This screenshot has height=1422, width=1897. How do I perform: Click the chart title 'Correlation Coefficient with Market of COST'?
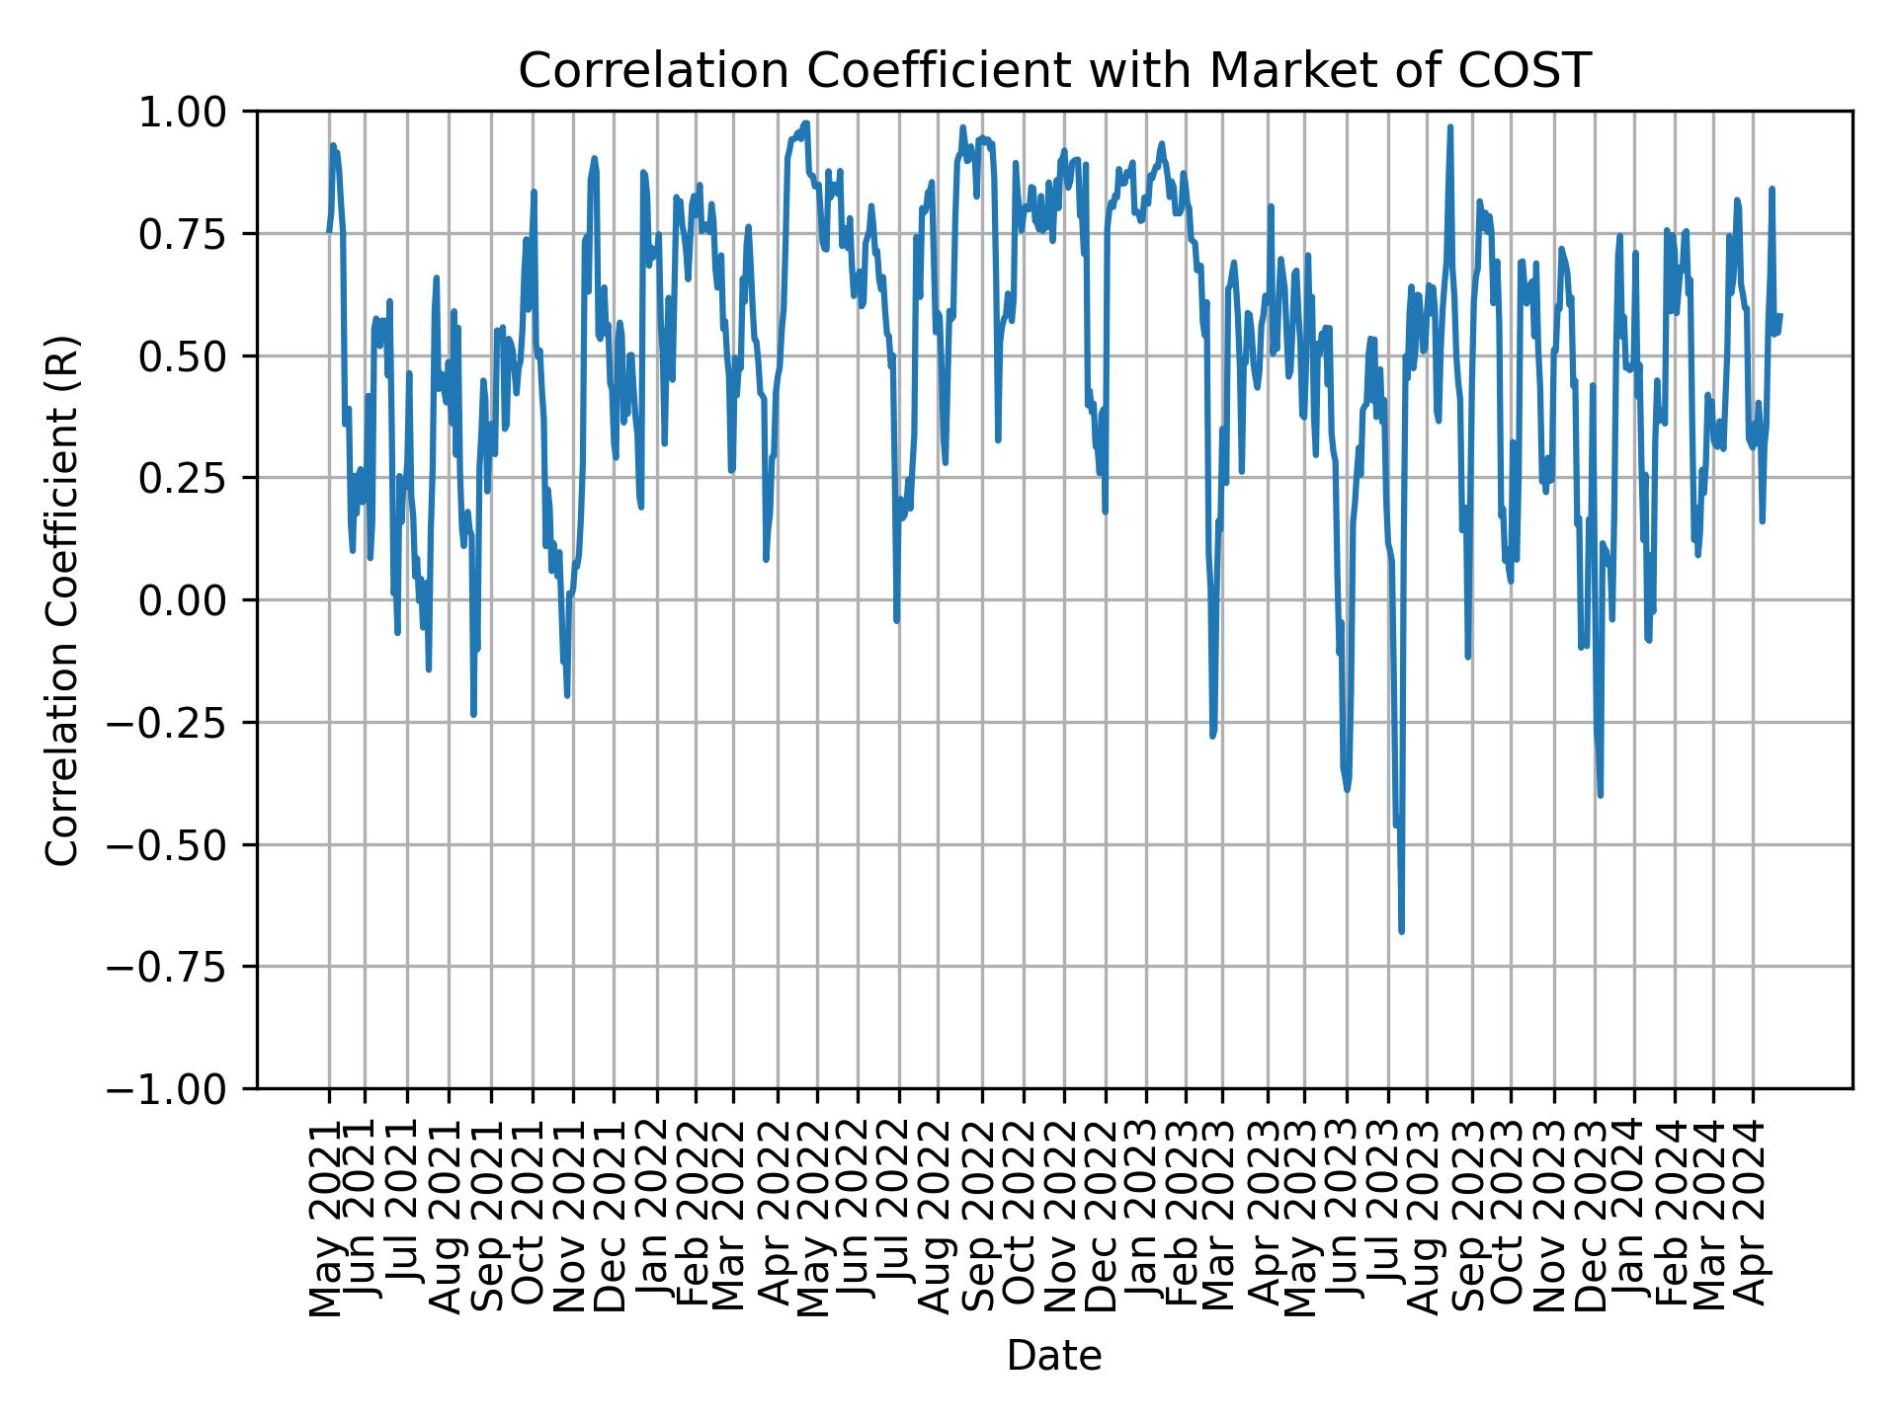(1053, 71)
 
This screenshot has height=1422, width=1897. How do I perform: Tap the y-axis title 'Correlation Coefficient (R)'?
(62, 600)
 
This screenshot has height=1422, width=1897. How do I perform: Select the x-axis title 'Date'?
(1053, 1357)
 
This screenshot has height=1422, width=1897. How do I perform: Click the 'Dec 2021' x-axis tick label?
(613, 1217)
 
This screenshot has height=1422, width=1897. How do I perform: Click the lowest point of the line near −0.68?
(1401, 930)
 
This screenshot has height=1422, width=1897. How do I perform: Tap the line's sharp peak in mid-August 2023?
(1450, 127)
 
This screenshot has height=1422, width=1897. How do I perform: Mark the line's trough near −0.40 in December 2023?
(1600, 795)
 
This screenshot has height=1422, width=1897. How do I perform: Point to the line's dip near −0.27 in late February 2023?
(1212, 736)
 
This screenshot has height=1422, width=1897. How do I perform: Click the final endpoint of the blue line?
(1780, 315)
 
